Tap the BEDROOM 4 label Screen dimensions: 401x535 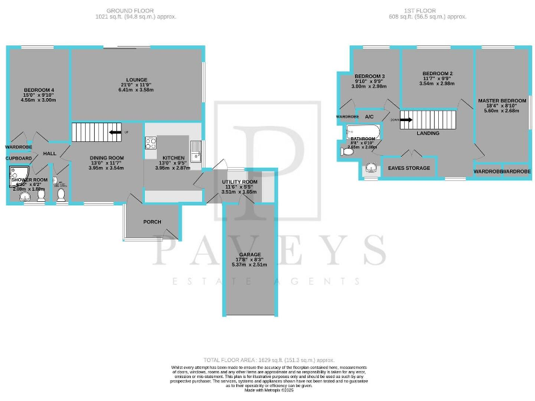click(x=38, y=90)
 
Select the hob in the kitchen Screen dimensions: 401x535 click(x=150, y=143)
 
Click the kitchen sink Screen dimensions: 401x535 click(x=197, y=147)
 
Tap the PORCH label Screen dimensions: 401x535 click(x=152, y=222)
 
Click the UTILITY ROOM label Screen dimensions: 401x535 click(x=240, y=182)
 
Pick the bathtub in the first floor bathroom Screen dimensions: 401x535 click(x=363, y=131)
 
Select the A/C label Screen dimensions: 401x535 click(x=369, y=116)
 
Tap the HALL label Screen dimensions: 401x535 click(x=49, y=153)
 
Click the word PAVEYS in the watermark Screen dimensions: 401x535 click(x=268, y=251)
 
